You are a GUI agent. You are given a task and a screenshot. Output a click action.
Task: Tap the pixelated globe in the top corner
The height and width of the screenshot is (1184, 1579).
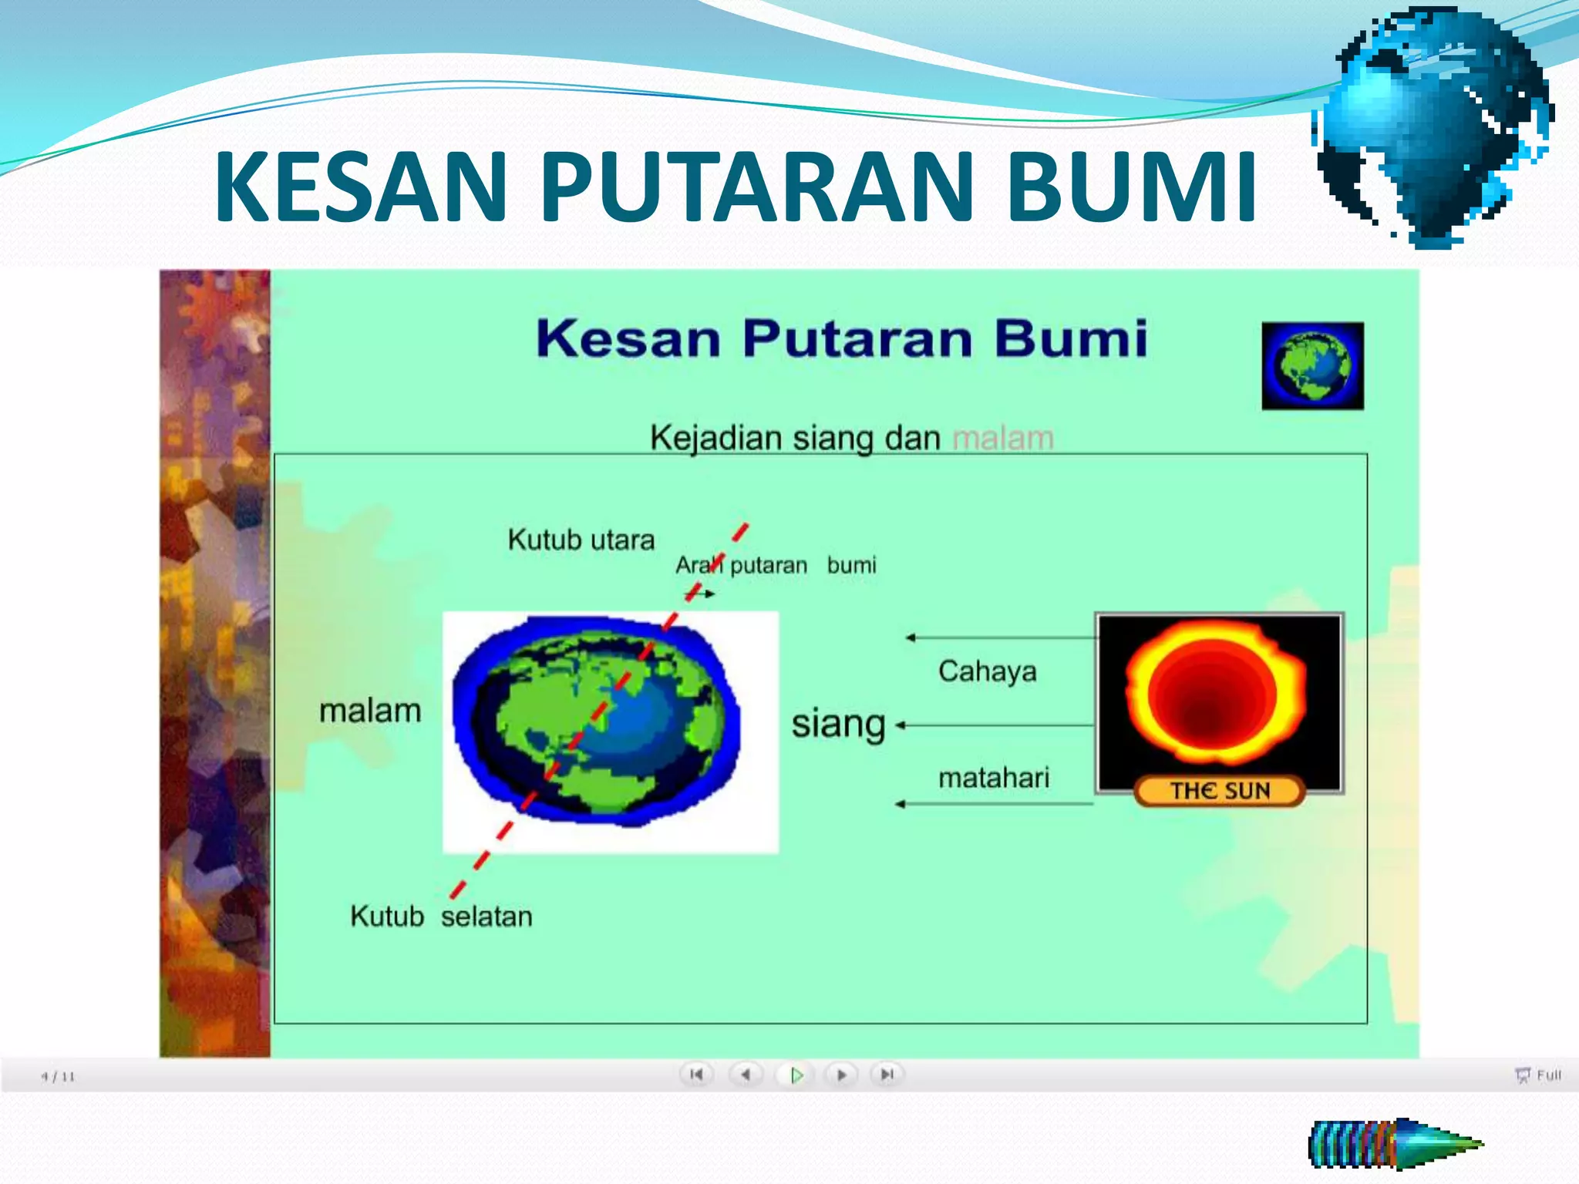[1434, 127]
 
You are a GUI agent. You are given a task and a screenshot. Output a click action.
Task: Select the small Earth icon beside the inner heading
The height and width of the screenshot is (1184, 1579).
[1312, 366]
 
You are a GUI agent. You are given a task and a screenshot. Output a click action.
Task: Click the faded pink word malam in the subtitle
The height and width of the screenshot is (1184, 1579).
[1002, 438]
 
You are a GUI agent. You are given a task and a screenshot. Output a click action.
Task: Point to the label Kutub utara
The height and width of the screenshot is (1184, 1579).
[581, 540]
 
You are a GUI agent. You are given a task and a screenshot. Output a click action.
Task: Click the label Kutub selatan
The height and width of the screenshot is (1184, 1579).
[441, 916]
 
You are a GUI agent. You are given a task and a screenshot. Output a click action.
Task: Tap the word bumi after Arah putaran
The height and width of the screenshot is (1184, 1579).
[851, 565]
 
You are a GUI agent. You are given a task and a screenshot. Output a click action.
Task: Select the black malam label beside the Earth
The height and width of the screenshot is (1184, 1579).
[370, 711]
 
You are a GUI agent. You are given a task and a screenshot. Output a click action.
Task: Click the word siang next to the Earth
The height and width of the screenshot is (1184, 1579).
[838, 725]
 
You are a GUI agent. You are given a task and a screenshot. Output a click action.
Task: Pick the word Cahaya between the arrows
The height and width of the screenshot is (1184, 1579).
[987, 671]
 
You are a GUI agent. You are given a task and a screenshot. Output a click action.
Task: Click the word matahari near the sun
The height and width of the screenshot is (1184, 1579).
[993, 778]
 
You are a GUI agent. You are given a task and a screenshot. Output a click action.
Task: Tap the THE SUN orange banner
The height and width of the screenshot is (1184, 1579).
[1220, 791]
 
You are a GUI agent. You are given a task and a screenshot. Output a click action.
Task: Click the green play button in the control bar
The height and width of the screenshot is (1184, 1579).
[796, 1075]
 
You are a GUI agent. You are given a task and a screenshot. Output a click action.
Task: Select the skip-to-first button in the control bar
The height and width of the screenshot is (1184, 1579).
[696, 1075]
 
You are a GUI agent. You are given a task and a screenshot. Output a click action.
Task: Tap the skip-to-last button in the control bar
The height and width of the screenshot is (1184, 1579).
[887, 1075]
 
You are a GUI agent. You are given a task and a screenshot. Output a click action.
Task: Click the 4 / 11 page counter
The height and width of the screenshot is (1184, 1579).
[58, 1077]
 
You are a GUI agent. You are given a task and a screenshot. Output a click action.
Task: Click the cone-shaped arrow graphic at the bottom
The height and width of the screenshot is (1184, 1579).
[1396, 1144]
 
